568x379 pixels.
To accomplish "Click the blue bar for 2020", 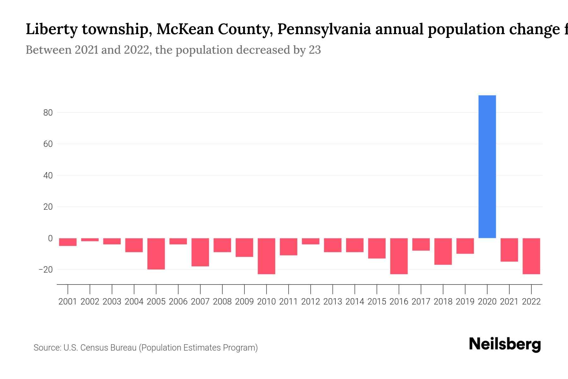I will [487, 166].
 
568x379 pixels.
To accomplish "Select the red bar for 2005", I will [156, 254].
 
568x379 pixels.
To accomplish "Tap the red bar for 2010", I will [266, 256].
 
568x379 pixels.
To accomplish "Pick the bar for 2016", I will [399, 256].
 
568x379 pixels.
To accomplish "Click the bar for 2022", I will [531, 256].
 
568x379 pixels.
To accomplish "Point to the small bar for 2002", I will [90, 240].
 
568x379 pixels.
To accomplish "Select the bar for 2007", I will [200, 252].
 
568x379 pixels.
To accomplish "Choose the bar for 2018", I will [443, 251].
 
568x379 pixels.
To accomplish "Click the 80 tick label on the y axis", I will [48, 113].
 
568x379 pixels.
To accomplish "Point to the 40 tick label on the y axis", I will [48, 176].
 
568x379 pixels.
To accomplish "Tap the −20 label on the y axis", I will [46, 270].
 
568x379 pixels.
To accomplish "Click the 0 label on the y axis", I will [50, 238].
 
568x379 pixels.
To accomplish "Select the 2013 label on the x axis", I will [333, 302].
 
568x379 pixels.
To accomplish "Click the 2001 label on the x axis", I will [68, 302].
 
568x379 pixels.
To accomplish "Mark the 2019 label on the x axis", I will [465, 302].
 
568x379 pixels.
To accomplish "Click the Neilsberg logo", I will [505, 344].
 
